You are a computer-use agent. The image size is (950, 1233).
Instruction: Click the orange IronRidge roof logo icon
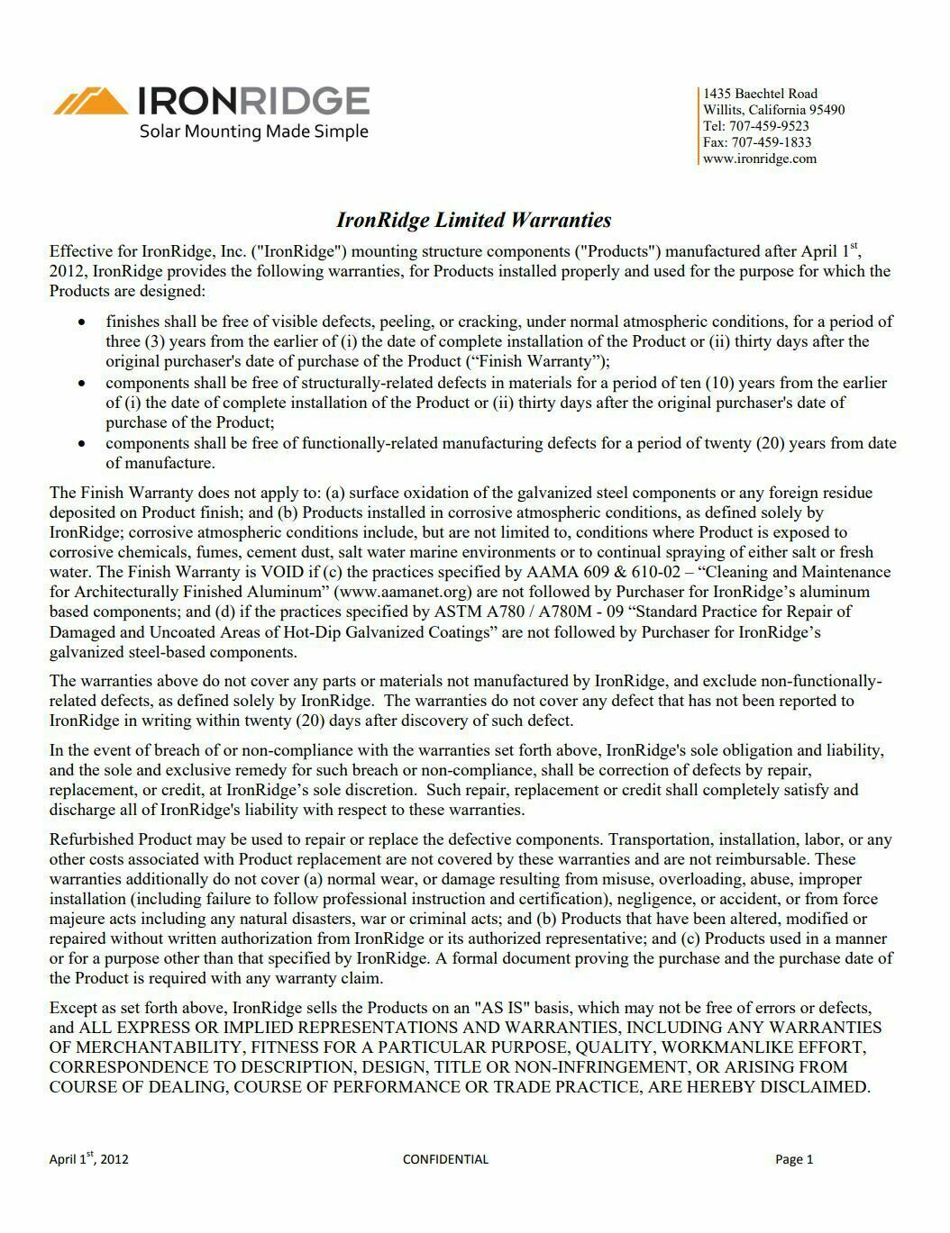click(90, 100)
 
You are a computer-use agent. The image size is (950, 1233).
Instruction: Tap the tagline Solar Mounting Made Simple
click(253, 131)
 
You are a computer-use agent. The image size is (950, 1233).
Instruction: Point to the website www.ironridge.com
click(760, 159)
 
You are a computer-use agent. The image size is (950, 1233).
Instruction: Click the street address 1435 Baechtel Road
click(761, 94)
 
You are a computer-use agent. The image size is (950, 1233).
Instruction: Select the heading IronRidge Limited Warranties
click(473, 221)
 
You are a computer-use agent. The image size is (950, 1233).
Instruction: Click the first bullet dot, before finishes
click(83, 322)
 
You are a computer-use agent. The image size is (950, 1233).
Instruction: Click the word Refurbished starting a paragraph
click(92, 839)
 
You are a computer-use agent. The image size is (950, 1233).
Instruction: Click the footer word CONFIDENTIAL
click(445, 1159)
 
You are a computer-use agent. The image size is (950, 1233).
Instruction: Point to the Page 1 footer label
click(794, 1159)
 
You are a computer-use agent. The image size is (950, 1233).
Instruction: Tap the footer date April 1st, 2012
click(88, 1159)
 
